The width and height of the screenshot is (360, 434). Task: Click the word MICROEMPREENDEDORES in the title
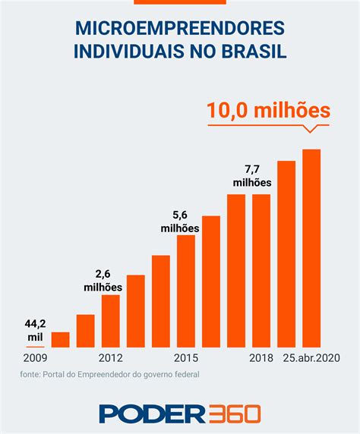point(180,28)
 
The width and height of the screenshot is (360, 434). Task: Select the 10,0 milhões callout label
point(269,111)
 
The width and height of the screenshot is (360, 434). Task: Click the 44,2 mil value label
point(36,330)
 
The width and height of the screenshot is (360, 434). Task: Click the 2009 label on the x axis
point(36,357)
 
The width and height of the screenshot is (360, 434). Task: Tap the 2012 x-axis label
point(110,357)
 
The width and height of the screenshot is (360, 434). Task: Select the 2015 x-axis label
point(186,357)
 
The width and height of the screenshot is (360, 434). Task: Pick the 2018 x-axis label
point(261,357)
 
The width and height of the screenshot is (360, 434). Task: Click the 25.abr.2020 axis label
point(312,357)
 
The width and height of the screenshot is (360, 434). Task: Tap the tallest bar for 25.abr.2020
point(311,247)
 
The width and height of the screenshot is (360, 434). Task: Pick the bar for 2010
point(60,339)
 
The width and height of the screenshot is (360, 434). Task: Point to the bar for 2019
point(286,253)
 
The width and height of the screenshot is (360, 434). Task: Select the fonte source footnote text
point(110,373)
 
